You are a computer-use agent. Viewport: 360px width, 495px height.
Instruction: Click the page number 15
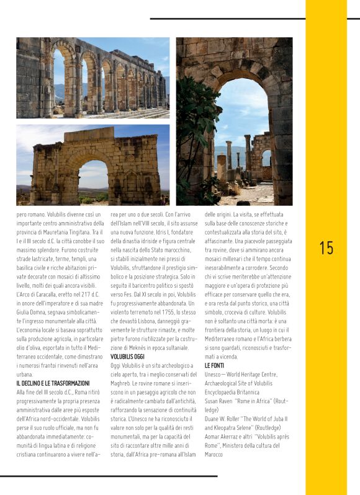(326, 248)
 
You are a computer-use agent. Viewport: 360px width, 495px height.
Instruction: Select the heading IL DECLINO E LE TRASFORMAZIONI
(53, 383)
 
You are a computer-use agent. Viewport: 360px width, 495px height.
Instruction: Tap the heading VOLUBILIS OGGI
(127, 357)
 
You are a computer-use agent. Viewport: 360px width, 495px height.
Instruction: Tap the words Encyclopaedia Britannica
(233, 392)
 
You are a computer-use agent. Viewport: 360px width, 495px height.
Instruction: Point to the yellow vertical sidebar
(326, 372)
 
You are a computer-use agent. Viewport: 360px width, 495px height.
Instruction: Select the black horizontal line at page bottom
(109, 476)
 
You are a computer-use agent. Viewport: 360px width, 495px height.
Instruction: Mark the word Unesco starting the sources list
(215, 375)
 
